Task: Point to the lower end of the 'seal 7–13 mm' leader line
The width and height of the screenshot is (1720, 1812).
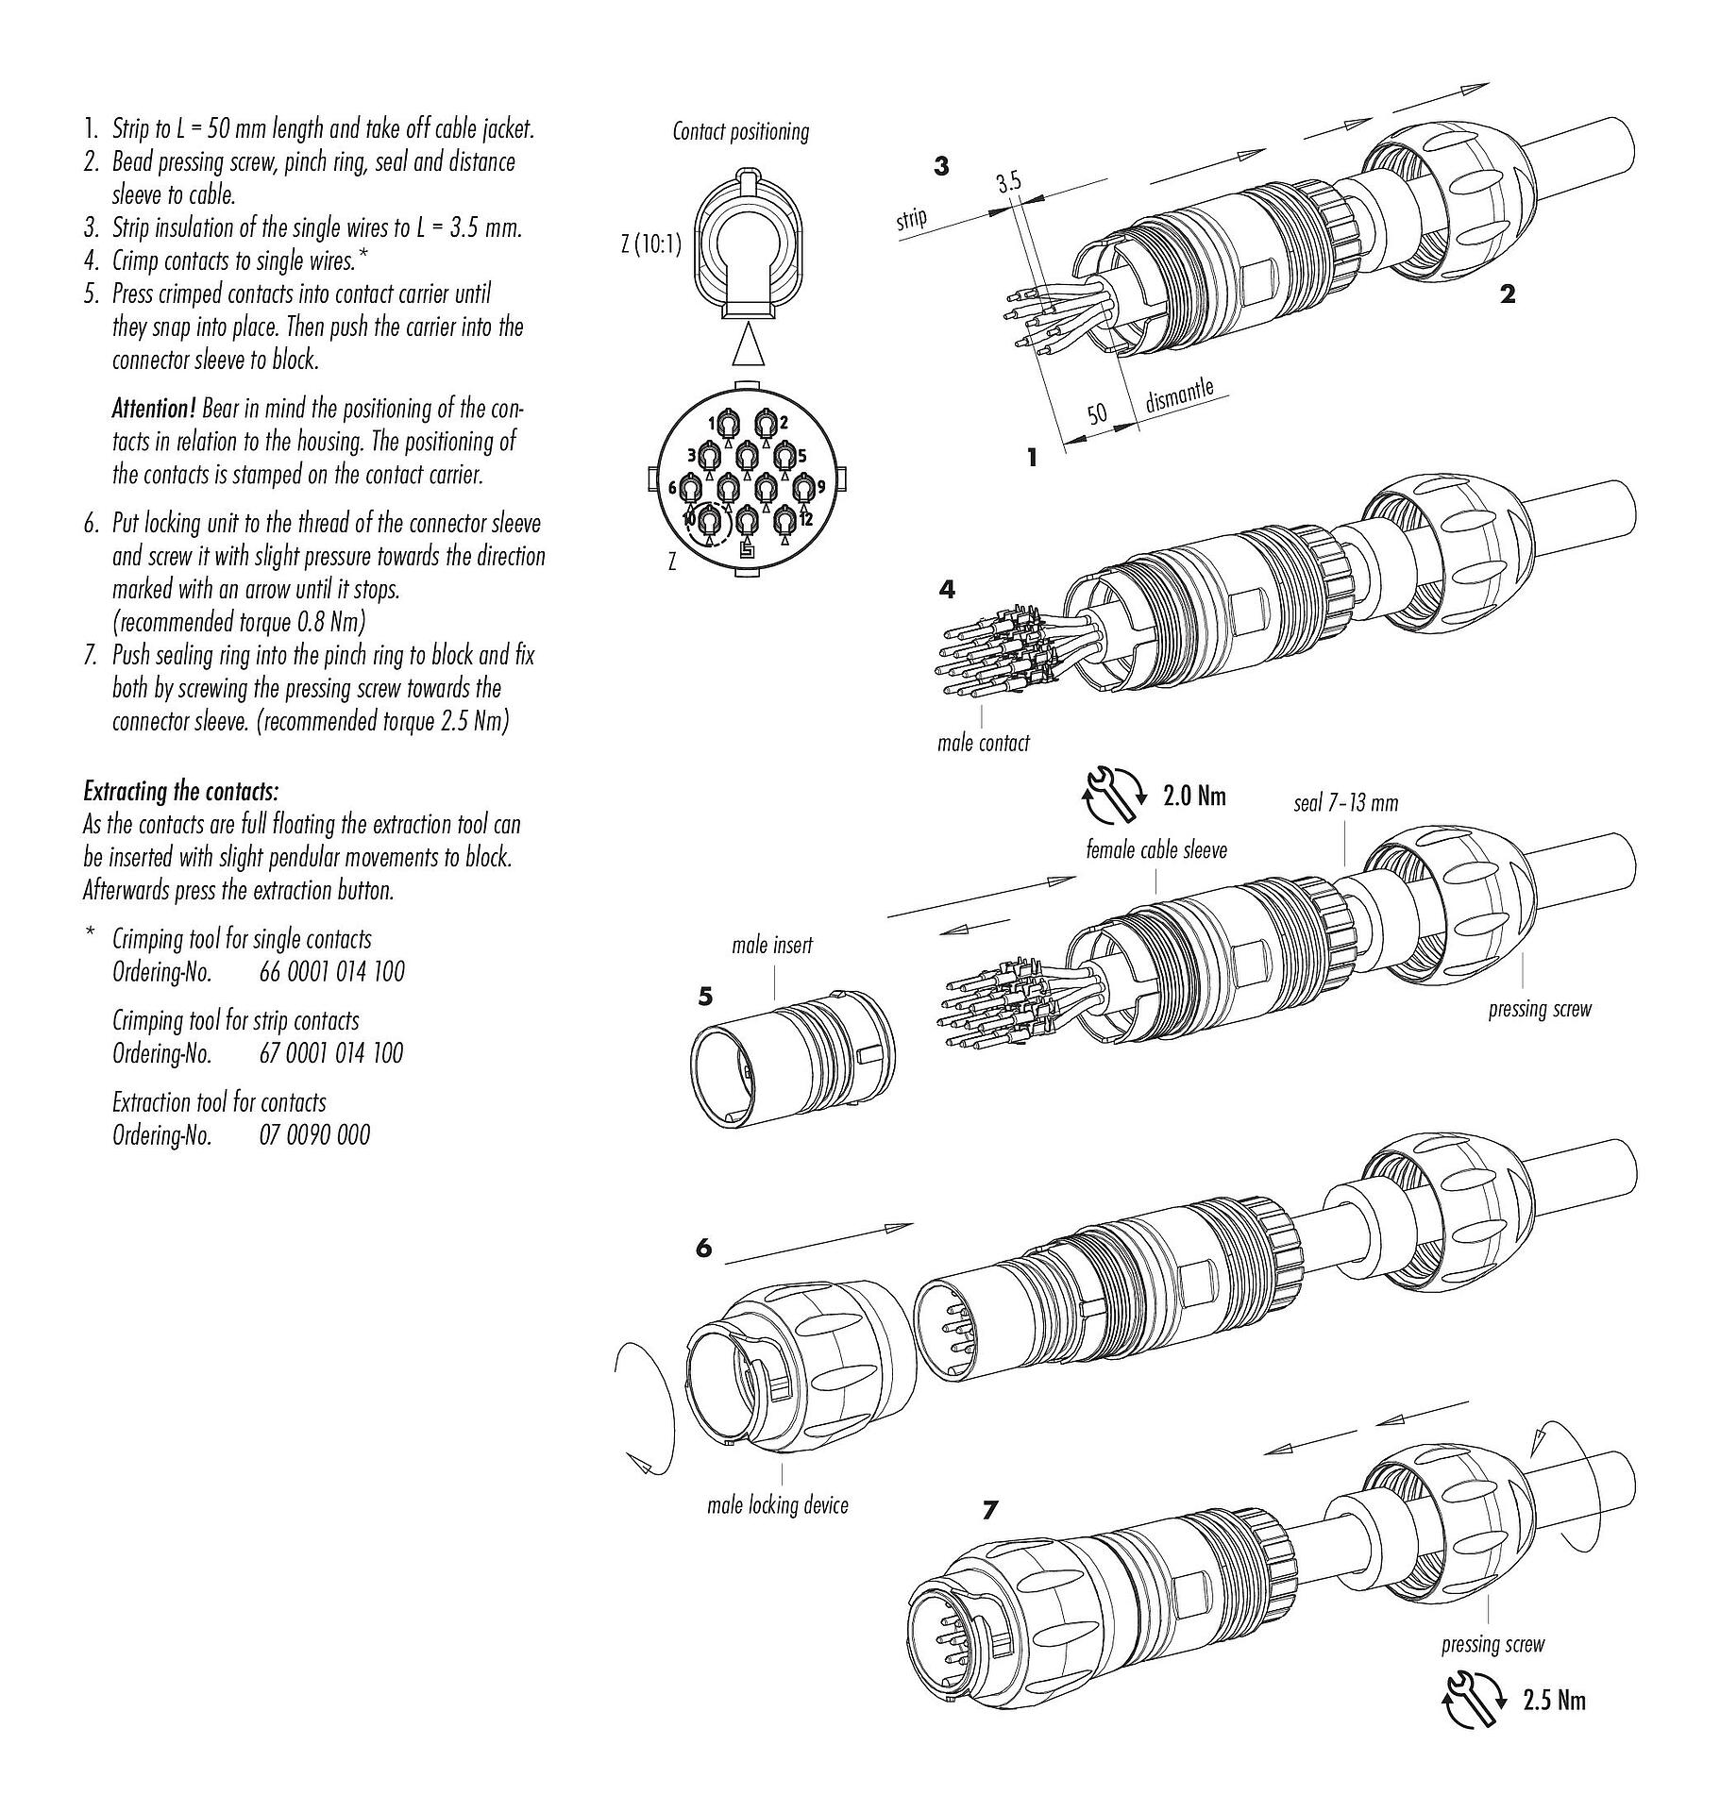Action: (1344, 864)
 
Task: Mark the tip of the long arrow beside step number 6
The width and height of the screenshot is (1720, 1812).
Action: (913, 1225)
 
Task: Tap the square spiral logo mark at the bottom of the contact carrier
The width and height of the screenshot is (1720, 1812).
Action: (747, 553)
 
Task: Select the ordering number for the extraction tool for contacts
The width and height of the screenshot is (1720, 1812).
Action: (314, 1134)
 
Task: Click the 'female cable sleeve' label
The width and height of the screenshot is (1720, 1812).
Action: (1156, 850)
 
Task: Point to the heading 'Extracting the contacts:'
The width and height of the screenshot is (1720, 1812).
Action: (181, 791)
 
